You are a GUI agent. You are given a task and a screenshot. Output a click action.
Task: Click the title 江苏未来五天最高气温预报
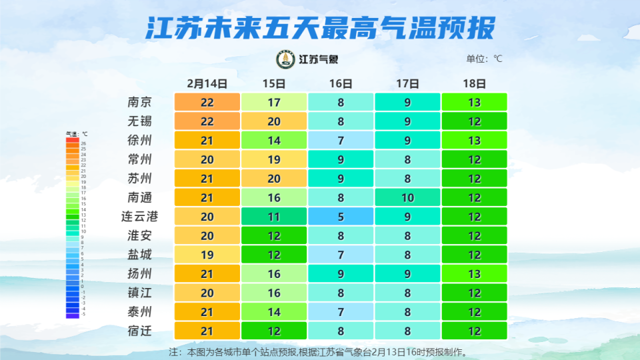(320, 29)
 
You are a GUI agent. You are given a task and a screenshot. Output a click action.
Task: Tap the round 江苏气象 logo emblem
(285, 59)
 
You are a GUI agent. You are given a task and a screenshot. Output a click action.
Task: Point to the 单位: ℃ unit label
(484, 59)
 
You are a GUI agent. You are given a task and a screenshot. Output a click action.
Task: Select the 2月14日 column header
(207, 84)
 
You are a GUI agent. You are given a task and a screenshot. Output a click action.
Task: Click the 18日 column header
(474, 84)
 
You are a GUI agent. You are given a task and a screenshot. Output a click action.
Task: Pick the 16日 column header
(341, 84)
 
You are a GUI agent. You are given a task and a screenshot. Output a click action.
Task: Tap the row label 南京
(140, 103)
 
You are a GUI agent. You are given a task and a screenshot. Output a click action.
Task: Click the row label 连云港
(140, 217)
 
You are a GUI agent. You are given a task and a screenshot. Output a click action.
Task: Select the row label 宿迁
(140, 331)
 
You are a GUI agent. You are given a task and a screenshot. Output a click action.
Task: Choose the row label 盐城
(140, 255)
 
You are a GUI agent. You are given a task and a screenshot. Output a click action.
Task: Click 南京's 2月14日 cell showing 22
(207, 103)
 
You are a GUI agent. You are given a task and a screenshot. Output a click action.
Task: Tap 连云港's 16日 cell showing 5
(341, 217)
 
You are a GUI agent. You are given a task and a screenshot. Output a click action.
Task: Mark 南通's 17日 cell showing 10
(407, 198)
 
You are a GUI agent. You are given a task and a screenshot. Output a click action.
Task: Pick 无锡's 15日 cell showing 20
(274, 122)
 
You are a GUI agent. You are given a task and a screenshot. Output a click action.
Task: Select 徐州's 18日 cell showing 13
(474, 141)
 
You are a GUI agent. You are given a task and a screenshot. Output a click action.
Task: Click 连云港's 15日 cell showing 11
(274, 217)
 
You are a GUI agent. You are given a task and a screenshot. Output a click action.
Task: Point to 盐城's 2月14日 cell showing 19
(207, 255)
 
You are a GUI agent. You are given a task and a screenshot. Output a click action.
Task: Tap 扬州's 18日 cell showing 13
(474, 274)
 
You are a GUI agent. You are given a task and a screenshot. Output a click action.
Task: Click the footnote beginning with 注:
(319, 351)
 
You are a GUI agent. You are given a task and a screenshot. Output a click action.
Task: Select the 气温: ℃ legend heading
(76, 134)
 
